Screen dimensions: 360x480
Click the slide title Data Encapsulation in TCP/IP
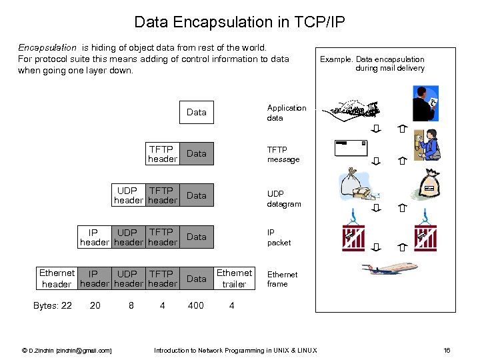239,22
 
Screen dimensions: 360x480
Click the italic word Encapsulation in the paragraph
47,48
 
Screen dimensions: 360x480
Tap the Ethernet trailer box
234,279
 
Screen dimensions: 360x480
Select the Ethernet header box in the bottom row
57,279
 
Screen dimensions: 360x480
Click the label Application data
287,113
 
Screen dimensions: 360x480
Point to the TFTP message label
283,155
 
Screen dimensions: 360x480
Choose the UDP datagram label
284,199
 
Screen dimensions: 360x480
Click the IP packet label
279,238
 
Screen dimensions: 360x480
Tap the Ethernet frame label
282,279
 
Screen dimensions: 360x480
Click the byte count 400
196,306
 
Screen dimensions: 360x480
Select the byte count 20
95,306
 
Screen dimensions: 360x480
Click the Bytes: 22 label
52,306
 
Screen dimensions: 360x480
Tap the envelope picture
351,148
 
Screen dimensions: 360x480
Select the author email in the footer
67,350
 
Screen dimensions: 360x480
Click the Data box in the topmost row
196,112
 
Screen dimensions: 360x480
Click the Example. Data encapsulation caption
372,63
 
